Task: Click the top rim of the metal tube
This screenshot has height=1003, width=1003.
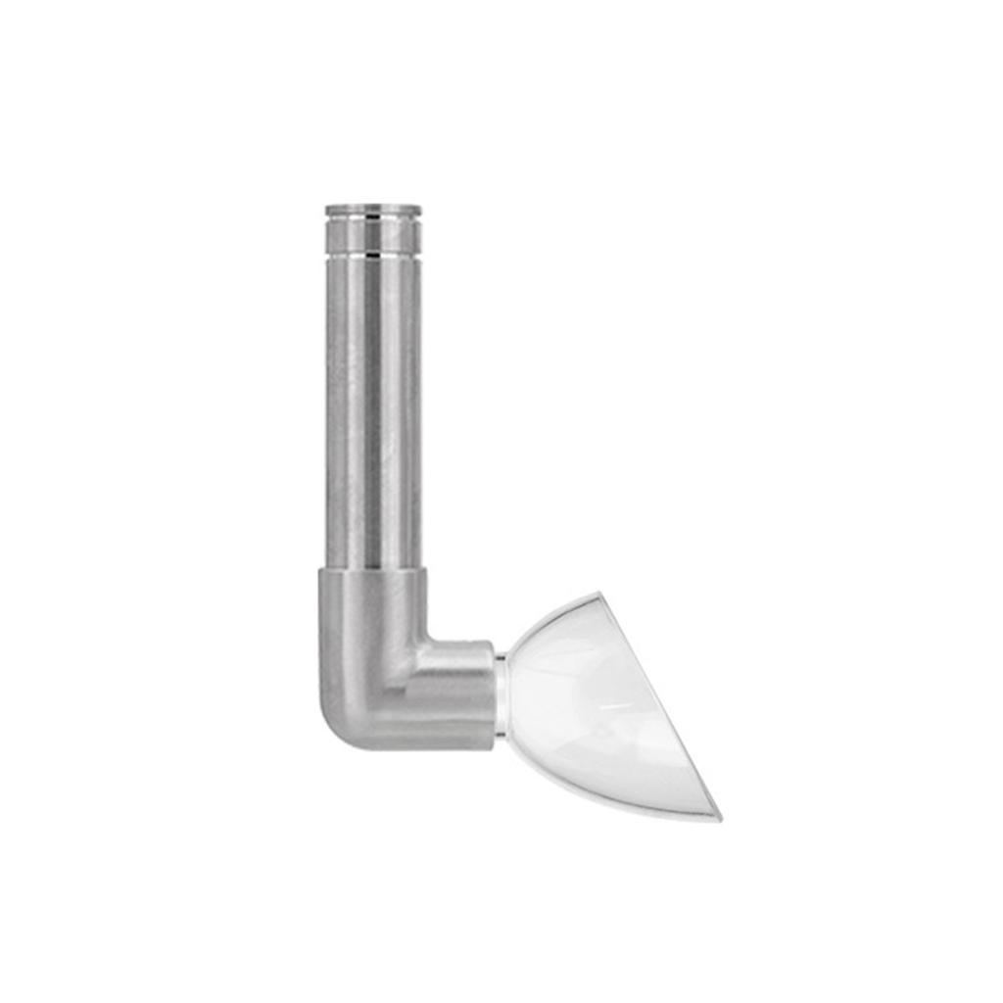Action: tap(373, 209)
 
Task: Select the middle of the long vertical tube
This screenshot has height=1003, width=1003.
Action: tap(373, 411)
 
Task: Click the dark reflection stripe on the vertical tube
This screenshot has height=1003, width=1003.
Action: tap(373, 411)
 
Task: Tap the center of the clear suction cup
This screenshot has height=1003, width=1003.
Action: tap(597, 700)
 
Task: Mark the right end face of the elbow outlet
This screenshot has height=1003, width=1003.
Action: tap(492, 691)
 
